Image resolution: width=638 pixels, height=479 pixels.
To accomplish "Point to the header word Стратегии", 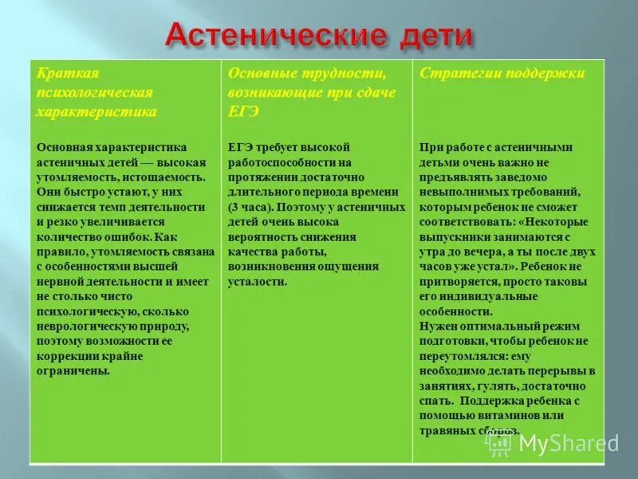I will click(x=457, y=74).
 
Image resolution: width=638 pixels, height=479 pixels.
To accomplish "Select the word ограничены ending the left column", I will click(x=73, y=371).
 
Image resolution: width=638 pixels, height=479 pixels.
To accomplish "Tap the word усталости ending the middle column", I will click(x=258, y=282).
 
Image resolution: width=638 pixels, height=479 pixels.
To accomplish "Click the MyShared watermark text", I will click(x=568, y=444).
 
